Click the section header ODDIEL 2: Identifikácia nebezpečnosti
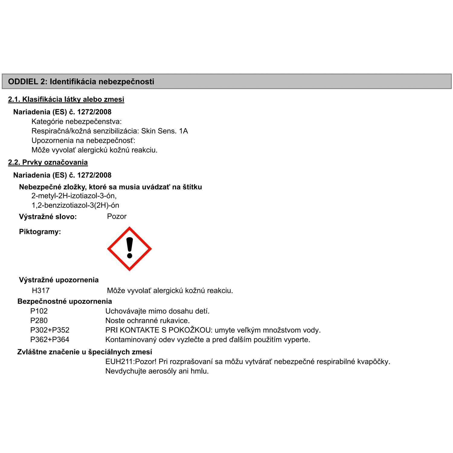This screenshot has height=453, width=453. pos(81,82)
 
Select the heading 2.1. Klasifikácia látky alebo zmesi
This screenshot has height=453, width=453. pos(66,99)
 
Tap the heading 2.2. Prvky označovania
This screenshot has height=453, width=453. pos(48,162)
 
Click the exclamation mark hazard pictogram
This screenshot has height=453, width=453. pos(130,249)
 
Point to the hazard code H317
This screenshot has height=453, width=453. pos(40,291)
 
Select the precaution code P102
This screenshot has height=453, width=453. pos(39,311)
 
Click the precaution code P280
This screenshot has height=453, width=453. pos(39,320)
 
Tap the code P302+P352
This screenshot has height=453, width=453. pos(50,330)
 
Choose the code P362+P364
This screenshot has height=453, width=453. pos(50,340)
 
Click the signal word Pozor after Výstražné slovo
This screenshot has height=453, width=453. pos(117,217)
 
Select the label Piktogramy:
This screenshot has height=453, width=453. pos(40,232)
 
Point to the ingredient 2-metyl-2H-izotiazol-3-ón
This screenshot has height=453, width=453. pos(74,196)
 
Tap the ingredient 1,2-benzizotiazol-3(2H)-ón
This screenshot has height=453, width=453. pos(75,205)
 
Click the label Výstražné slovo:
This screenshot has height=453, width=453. pos(48,217)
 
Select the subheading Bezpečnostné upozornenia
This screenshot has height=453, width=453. pos(65,301)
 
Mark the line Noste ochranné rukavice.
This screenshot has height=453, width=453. pos(147,320)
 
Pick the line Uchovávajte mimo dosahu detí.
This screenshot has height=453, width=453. pos(157,311)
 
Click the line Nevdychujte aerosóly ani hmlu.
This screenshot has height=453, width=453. pos(157,371)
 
